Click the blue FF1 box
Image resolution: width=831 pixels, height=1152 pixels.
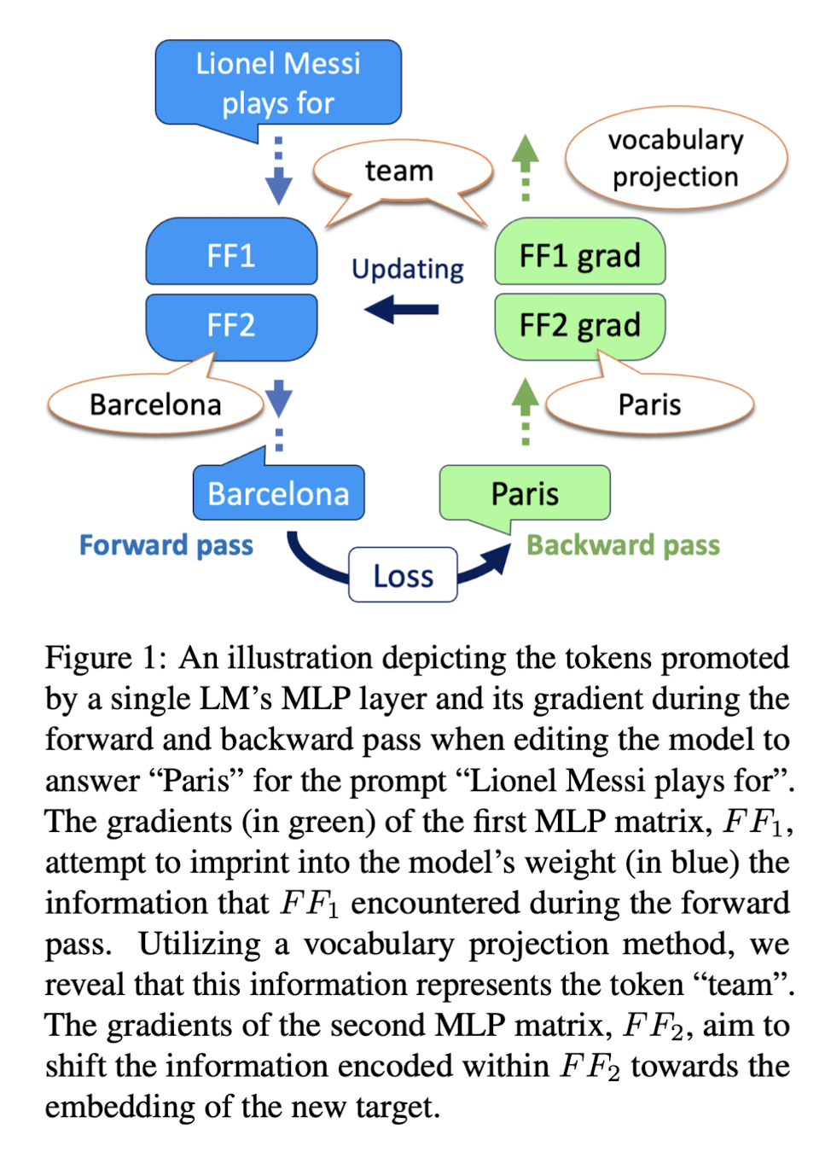point(231,253)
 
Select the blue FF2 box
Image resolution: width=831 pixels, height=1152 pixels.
point(231,326)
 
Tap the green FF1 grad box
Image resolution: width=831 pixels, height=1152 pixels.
point(579,253)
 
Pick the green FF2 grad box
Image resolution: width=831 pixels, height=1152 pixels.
point(579,326)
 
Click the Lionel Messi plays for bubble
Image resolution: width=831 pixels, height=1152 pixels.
point(278,83)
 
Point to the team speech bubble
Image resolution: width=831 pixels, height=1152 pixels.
point(399,171)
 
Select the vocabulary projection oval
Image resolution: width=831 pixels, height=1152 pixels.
point(676,158)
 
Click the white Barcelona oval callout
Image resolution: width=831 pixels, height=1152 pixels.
point(155,404)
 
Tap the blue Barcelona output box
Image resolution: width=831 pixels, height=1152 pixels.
point(278,493)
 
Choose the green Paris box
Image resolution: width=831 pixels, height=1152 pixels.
point(525,493)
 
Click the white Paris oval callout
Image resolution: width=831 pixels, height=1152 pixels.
point(649,404)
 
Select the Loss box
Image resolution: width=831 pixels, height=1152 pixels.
point(403,576)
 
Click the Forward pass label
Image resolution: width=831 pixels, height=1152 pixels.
point(166,545)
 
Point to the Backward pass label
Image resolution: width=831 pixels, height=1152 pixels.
point(623,545)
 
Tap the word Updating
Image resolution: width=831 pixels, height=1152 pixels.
point(408,270)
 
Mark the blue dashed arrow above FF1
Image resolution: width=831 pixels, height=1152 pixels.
point(278,171)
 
